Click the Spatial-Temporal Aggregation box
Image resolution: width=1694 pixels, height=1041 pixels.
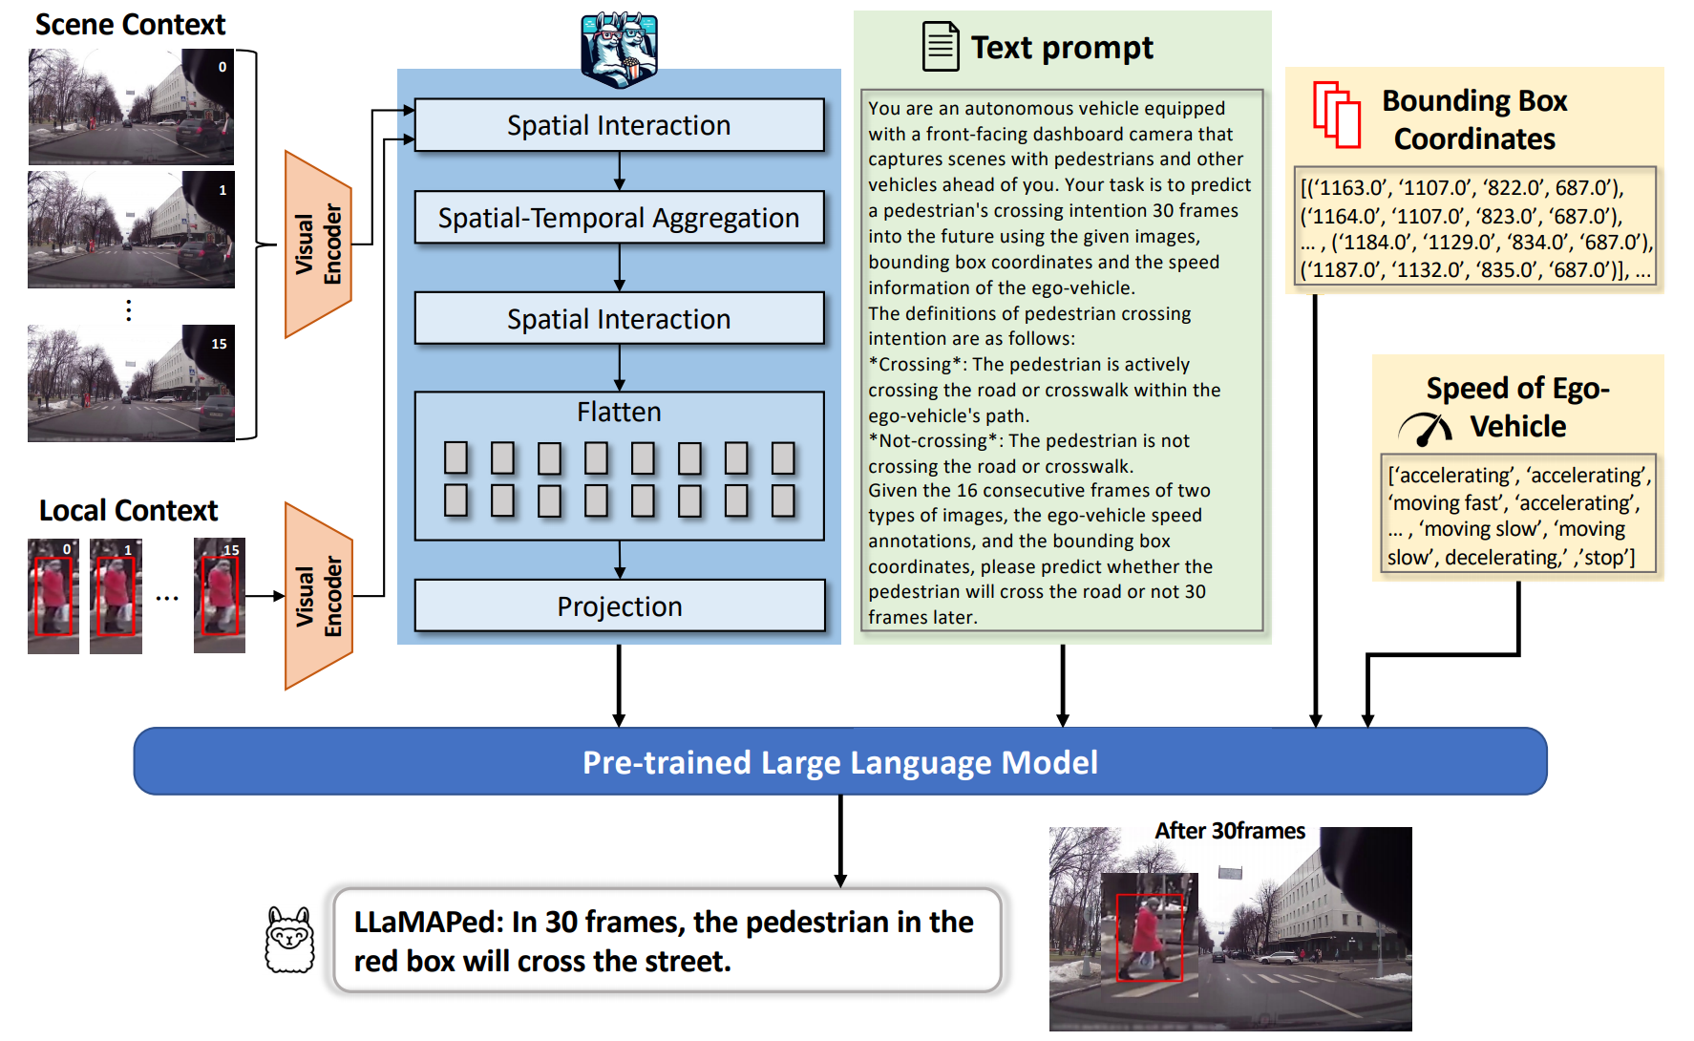[619, 218]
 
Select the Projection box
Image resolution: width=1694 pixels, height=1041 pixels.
[619, 605]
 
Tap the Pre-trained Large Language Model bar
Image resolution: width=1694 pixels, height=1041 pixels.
[840, 761]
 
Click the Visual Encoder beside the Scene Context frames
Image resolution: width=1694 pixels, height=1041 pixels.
[319, 244]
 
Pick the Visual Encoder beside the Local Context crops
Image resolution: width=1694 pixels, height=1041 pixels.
[319, 596]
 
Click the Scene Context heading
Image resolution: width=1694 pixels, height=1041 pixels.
[130, 24]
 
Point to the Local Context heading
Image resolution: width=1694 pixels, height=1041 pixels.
[128, 510]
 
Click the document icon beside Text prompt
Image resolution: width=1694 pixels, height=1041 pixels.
[941, 46]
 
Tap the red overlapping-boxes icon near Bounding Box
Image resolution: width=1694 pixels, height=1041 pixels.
[1337, 114]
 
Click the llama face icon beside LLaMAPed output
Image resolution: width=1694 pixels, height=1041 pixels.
[289, 940]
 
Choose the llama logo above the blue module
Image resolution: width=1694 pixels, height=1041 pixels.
[619, 49]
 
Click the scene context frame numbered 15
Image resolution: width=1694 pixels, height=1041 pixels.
[131, 383]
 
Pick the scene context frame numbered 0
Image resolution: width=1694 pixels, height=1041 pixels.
[131, 107]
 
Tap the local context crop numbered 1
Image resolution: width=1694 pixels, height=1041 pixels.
[116, 596]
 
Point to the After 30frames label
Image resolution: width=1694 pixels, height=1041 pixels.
[1230, 831]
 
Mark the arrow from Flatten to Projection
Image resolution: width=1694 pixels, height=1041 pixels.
[620, 560]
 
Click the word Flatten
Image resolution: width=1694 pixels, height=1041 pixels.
[619, 412]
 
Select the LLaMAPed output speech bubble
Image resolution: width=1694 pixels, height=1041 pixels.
[667, 941]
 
